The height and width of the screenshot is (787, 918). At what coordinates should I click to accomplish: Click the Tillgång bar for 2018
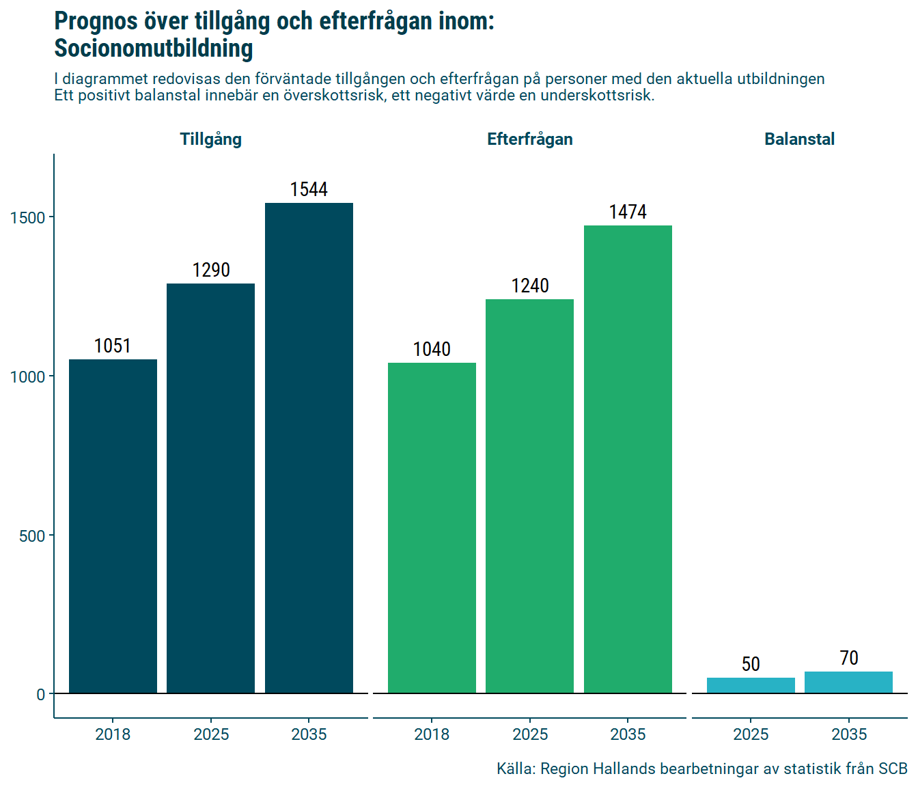point(113,526)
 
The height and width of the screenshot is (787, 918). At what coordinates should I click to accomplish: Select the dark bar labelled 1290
point(210,488)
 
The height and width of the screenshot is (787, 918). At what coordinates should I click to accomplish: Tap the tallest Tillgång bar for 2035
point(309,448)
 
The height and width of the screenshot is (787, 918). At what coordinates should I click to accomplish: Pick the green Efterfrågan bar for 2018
point(432,528)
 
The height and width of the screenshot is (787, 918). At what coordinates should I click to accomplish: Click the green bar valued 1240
point(529,496)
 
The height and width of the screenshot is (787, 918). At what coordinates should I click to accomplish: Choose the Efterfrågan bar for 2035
point(628,459)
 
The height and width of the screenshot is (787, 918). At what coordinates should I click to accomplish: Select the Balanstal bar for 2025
point(751,685)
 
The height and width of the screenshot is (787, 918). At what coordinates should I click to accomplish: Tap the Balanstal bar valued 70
point(848,682)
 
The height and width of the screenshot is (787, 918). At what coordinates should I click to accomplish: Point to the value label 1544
point(309,189)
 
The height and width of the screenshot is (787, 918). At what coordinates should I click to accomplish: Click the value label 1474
point(628,212)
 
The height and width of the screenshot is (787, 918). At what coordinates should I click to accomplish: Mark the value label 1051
point(113,346)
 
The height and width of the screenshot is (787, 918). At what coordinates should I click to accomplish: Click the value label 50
point(751,664)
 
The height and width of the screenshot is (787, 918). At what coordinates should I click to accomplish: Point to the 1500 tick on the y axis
point(27,217)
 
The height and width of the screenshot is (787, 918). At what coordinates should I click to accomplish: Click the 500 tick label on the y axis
point(32,536)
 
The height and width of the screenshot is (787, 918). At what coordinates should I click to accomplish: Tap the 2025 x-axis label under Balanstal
point(751,734)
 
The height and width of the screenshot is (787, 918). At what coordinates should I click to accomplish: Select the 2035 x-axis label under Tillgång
point(309,734)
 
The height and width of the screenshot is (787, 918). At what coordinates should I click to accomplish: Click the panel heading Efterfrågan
point(529,139)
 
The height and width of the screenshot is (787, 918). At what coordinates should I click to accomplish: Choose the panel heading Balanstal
point(799,139)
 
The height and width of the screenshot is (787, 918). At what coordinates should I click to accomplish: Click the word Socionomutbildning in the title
point(154,49)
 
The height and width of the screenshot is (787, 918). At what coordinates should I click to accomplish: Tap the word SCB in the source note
point(893,769)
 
